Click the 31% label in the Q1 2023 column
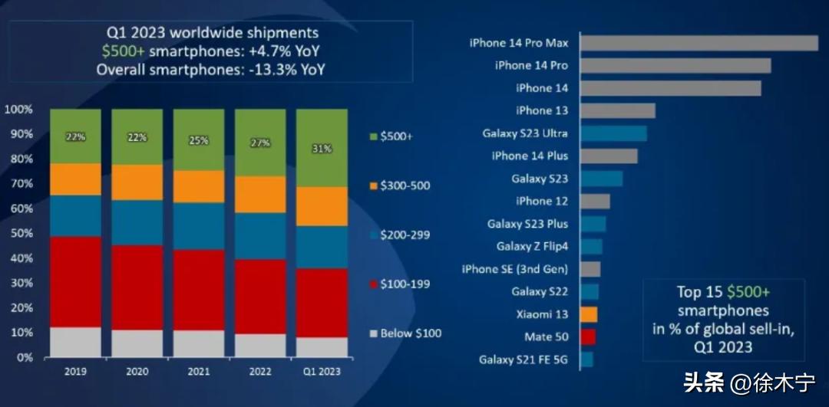click(x=322, y=149)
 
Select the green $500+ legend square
click(x=374, y=136)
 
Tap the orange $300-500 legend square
click(x=374, y=185)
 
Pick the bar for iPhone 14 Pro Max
click(x=699, y=43)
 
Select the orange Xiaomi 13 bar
click(x=589, y=314)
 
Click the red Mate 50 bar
click(x=588, y=336)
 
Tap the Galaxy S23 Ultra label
click(x=525, y=133)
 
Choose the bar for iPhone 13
click(x=617, y=110)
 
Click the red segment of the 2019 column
click(x=75, y=281)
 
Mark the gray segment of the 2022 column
click(x=259, y=346)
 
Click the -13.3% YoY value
click(x=292, y=69)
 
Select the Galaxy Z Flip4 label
click(x=532, y=246)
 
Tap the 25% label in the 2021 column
click(x=198, y=141)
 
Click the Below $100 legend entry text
click(x=411, y=333)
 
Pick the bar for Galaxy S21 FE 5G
click(x=586, y=359)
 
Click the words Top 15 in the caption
click(x=700, y=292)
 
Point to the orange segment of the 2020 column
click(x=137, y=182)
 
